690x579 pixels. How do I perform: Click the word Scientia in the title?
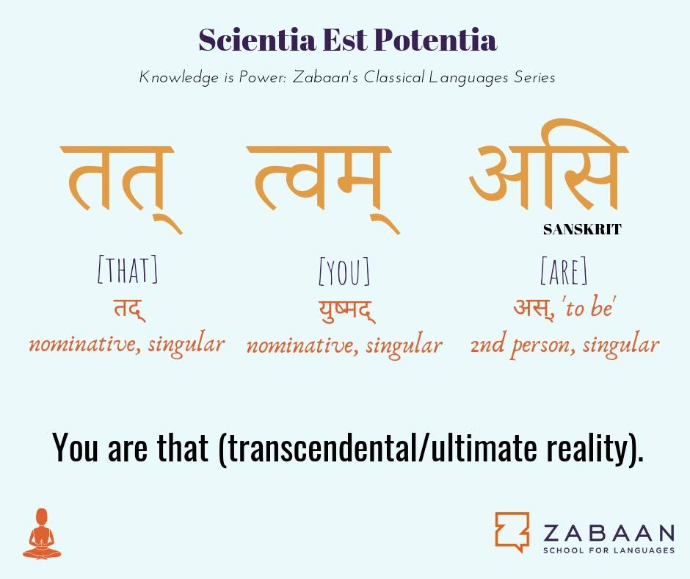click(x=257, y=40)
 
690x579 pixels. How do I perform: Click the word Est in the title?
click(x=345, y=40)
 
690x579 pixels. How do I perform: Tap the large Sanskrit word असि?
click(x=548, y=165)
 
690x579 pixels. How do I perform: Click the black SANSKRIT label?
click(x=582, y=229)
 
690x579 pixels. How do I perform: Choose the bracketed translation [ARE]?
click(x=564, y=270)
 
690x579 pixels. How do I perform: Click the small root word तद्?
click(x=129, y=309)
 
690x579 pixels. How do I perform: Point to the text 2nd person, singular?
click(x=564, y=345)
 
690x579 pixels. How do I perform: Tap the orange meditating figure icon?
click(x=42, y=534)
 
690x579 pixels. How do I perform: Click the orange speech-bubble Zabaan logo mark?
click(x=512, y=532)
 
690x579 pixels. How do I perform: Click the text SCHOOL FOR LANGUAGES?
click(x=609, y=550)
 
